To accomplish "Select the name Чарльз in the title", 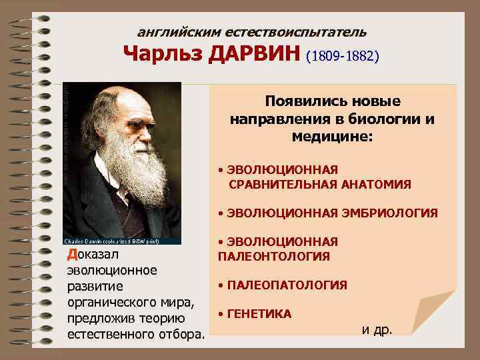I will tap(163, 54).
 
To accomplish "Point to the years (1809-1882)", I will tap(343, 56).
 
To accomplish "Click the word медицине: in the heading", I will tap(332, 136).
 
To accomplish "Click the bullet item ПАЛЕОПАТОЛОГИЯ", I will tap(287, 285).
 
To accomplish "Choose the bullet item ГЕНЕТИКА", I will tap(259, 313).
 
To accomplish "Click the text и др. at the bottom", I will tap(377, 329).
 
